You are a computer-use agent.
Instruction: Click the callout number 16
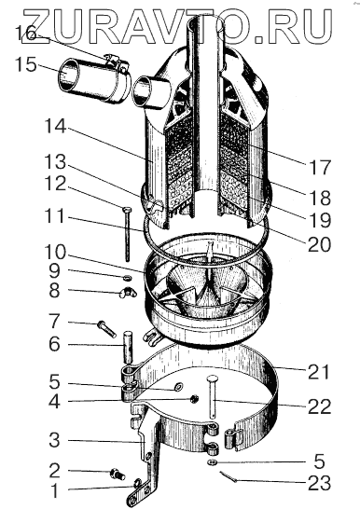[x=25, y=34]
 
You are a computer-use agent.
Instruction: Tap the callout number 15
[x=26, y=64]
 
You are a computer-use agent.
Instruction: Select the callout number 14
[x=55, y=126]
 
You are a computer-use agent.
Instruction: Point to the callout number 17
[x=319, y=168]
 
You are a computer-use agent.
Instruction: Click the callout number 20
[x=319, y=245]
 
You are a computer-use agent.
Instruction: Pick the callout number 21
[x=319, y=372]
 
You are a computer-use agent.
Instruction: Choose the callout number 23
[x=319, y=483]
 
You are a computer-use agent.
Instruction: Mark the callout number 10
[x=55, y=253]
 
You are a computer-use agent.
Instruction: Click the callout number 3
[x=55, y=440]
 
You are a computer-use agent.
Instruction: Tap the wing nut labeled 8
[x=128, y=294]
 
